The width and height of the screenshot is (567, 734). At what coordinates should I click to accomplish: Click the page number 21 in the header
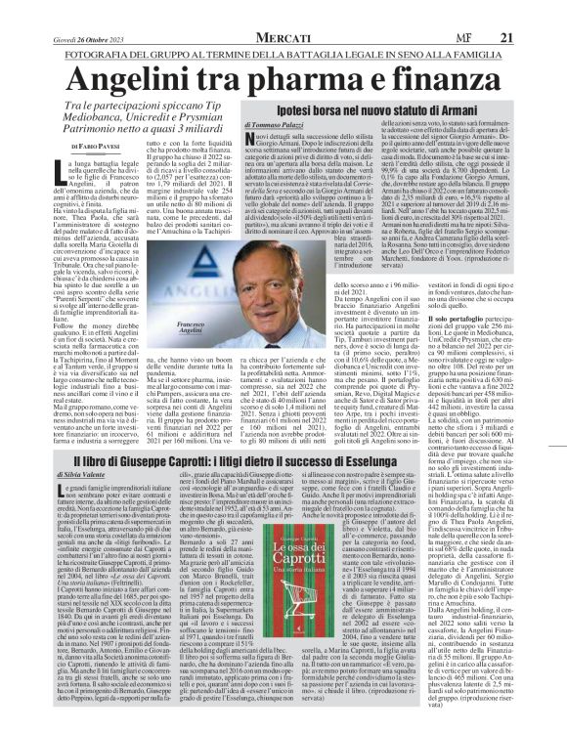(x=536, y=37)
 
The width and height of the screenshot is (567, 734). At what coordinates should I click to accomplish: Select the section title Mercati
(x=283, y=37)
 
